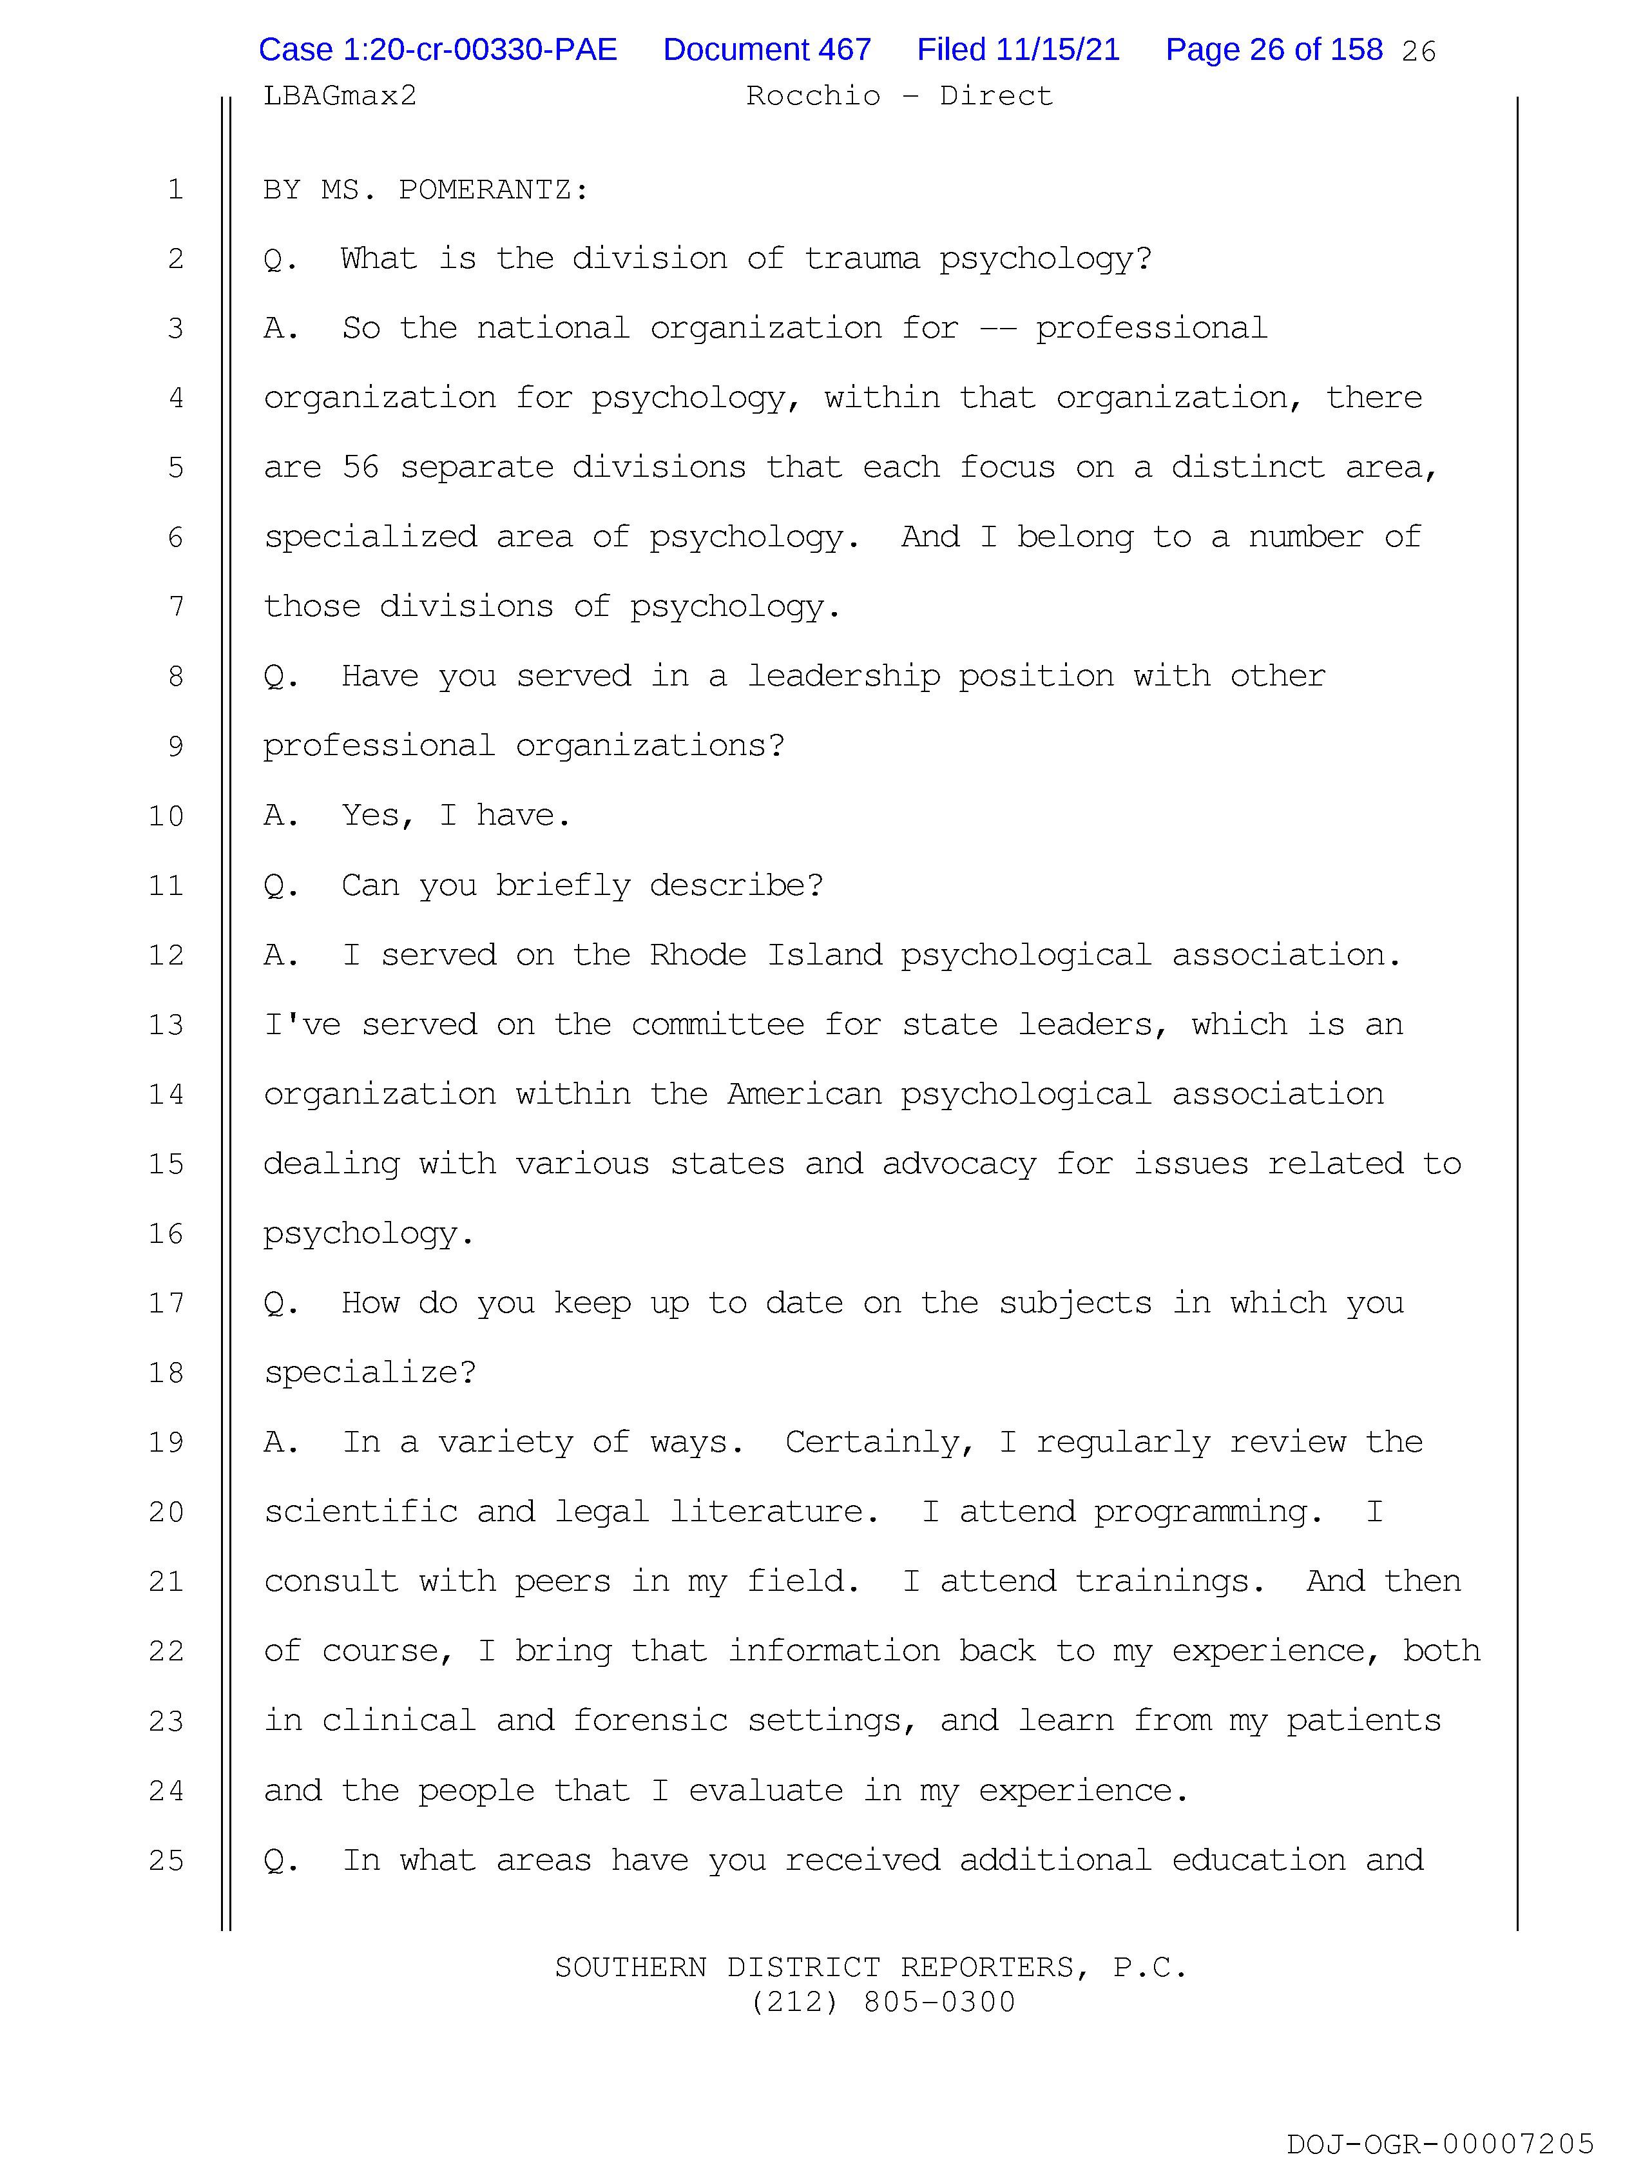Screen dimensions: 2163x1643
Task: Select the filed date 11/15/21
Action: click(1017, 50)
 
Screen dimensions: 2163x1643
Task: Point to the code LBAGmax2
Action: click(340, 96)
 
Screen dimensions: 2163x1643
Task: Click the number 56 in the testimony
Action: click(360, 467)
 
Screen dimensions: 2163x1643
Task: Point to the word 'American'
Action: click(804, 1094)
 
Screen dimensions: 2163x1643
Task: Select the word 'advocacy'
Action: click(959, 1164)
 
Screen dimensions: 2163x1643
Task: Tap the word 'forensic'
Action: click(650, 1721)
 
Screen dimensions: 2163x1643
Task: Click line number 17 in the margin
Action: click(166, 1303)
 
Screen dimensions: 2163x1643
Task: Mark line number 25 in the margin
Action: click(166, 1861)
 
